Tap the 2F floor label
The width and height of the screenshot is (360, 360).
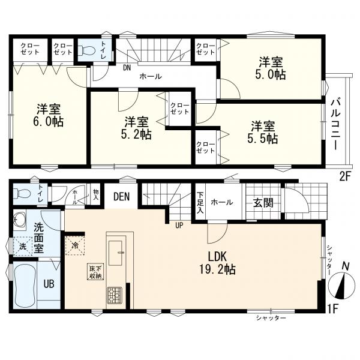344,177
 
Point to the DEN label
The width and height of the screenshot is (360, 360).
122,197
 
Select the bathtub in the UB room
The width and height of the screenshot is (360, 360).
24,283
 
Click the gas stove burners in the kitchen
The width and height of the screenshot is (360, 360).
115,295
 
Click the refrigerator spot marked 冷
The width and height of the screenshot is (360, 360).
76,245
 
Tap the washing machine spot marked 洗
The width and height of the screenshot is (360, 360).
22,247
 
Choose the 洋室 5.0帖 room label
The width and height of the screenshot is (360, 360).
271,68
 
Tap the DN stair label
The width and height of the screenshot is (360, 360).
127,68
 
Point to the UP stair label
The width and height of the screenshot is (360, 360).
179,226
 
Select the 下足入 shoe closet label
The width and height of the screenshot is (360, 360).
200,202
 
